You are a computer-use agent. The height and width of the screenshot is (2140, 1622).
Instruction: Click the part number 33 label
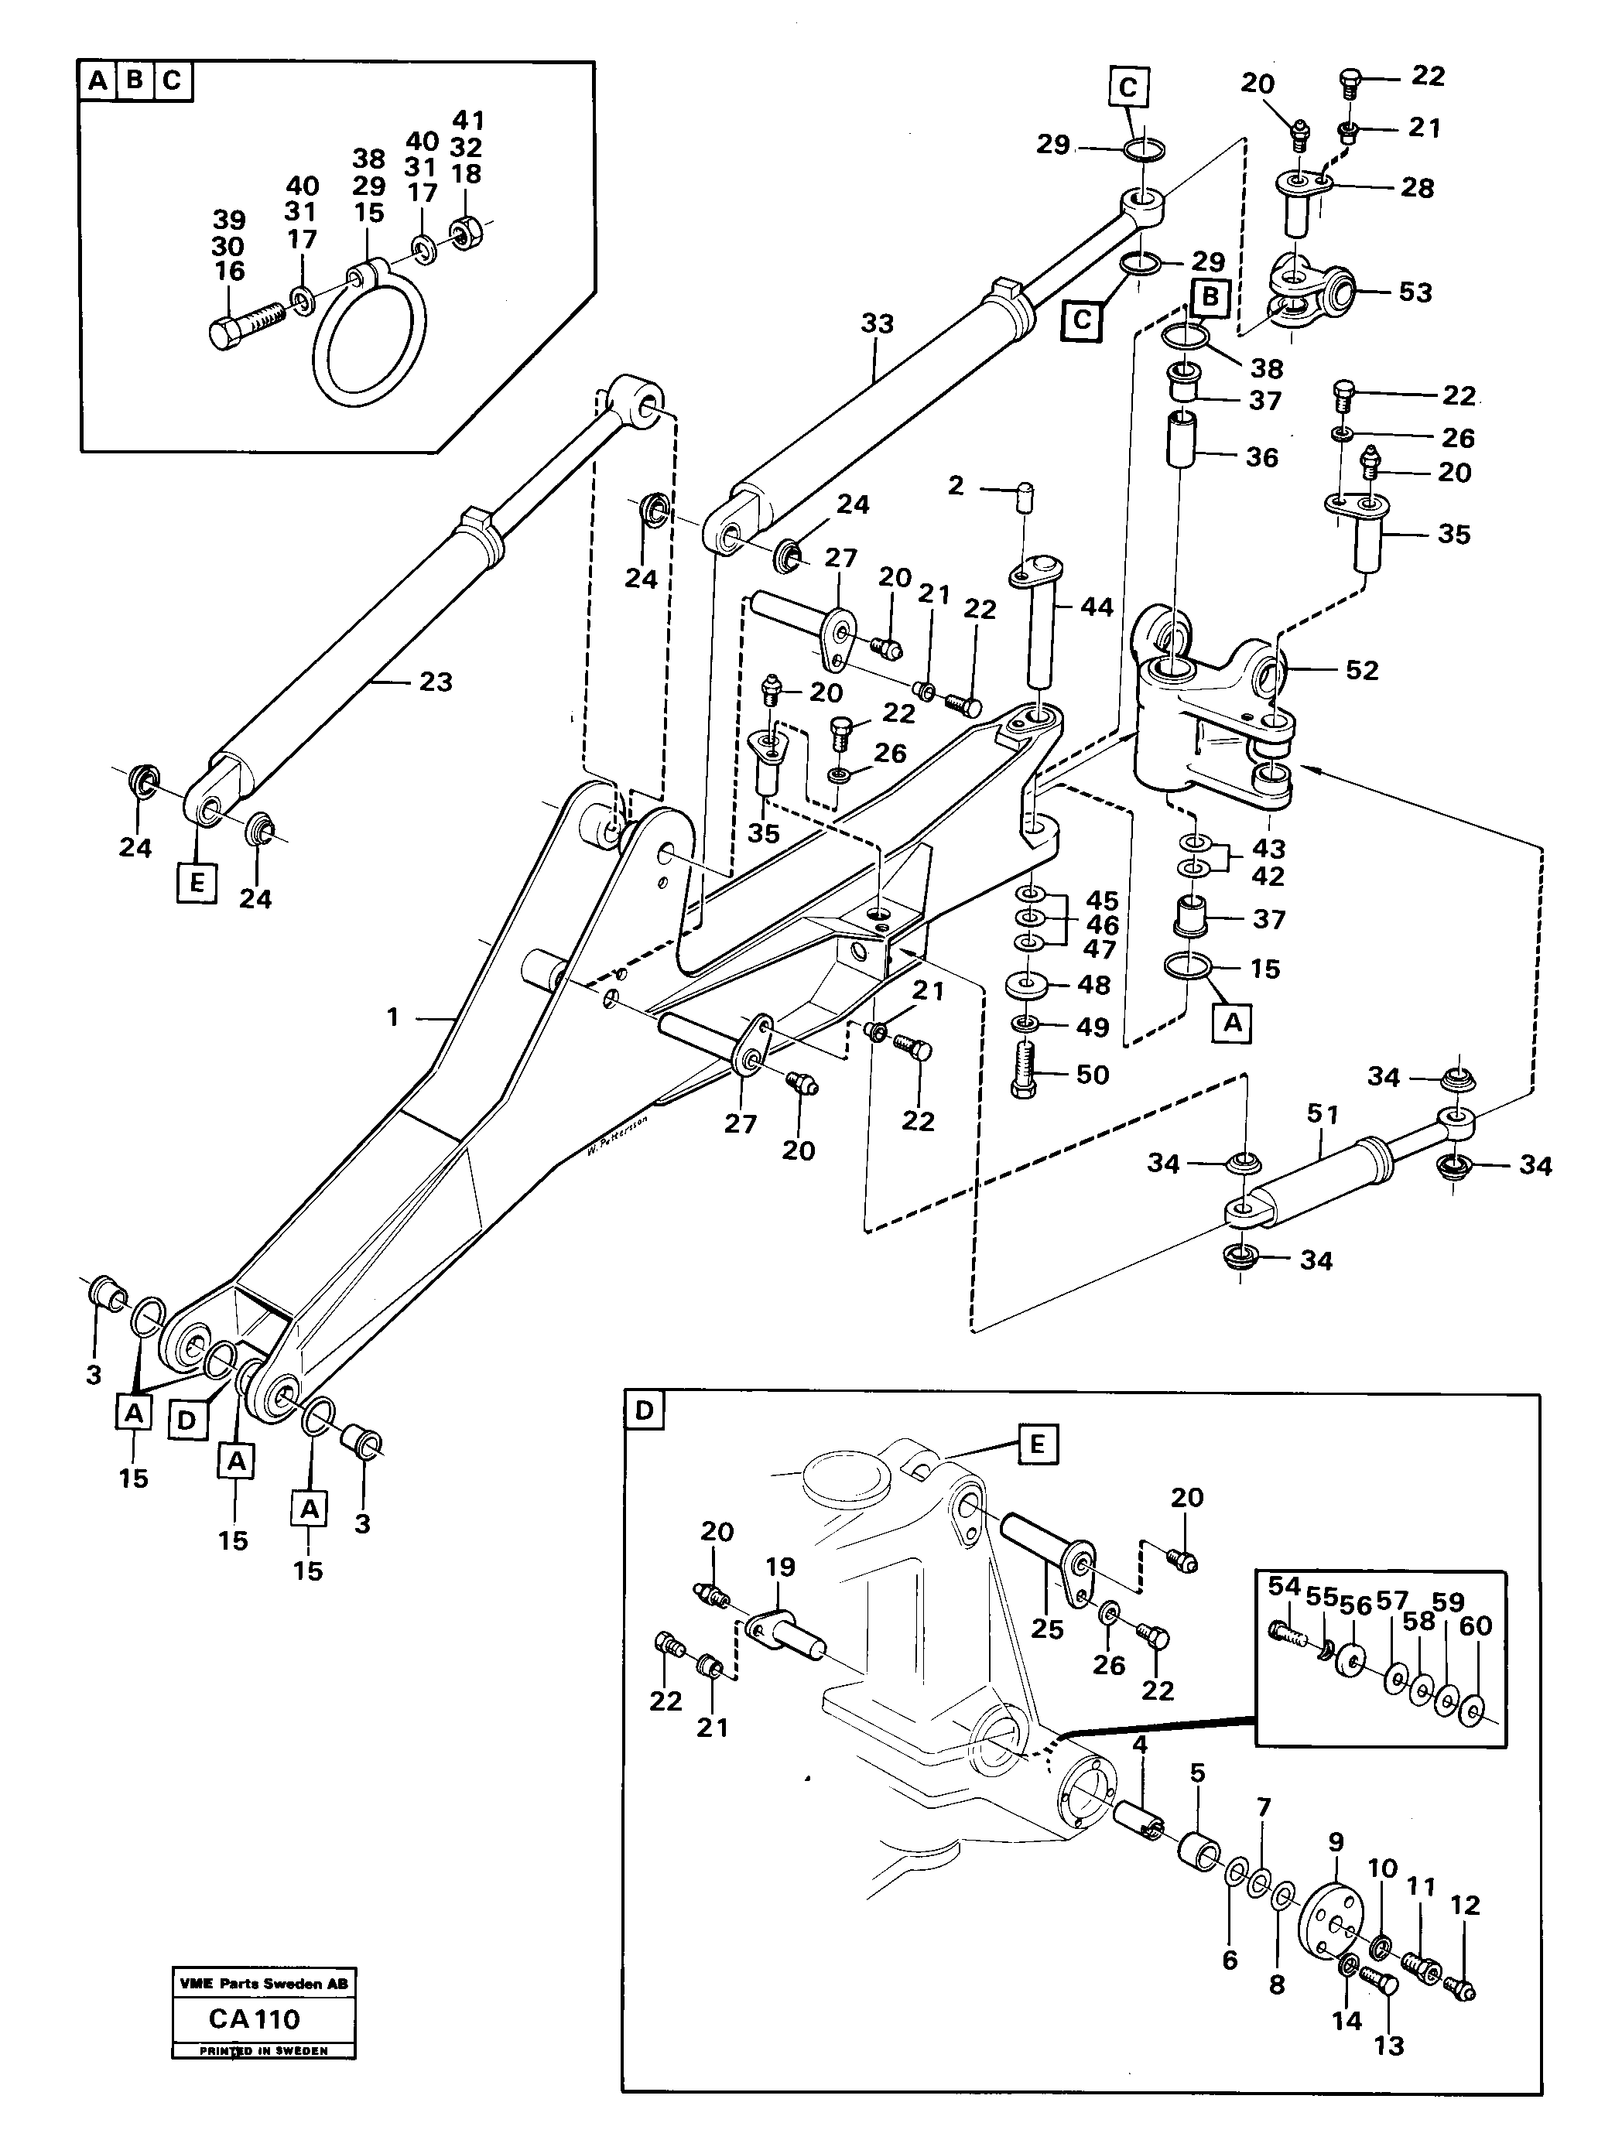point(877,323)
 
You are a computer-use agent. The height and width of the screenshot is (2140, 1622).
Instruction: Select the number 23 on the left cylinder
point(436,682)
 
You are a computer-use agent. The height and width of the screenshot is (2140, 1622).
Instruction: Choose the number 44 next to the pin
point(1096,607)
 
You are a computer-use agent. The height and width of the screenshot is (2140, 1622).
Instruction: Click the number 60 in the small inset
point(1475,1626)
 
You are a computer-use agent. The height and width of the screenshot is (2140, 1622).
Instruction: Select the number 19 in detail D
point(780,1566)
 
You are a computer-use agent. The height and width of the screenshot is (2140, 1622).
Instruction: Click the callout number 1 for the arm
point(393,1017)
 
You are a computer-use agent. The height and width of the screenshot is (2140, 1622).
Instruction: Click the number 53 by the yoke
point(1415,292)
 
